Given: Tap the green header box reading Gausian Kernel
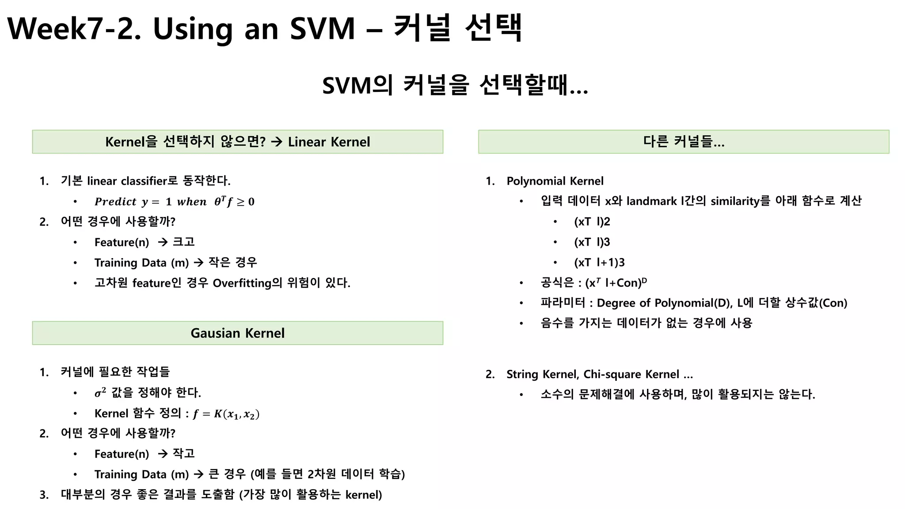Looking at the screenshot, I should coord(237,333).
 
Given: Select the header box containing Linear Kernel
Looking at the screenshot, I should coord(237,142).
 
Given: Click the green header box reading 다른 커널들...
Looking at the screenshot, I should coord(683,142).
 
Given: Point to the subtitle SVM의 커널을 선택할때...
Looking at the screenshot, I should coord(455,85).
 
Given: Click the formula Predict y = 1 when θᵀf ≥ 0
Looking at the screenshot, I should coord(174,202).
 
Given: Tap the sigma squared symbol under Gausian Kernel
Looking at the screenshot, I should coord(100,392).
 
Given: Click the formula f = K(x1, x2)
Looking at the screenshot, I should coord(226,414).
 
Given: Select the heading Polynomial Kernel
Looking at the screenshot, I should coord(555,181).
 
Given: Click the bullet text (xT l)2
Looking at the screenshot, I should coord(592,222).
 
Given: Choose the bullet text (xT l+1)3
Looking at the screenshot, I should coord(599,262).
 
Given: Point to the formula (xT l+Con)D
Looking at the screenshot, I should coord(616,283).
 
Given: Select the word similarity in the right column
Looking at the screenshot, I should coord(734,201).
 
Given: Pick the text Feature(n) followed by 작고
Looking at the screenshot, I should coord(122,454).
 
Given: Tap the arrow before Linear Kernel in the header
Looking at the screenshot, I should coord(277,142).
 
